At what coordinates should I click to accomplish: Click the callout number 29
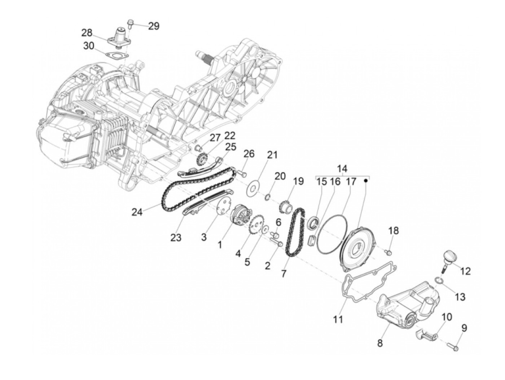tap(154, 26)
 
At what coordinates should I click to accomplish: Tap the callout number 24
tap(137, 212)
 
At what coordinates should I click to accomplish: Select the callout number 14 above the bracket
tap(342, 169)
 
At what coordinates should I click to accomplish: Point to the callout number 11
tap(338, 319)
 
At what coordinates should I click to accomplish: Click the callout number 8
tap(379, 343)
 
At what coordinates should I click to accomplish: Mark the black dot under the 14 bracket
tap(365, 180)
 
